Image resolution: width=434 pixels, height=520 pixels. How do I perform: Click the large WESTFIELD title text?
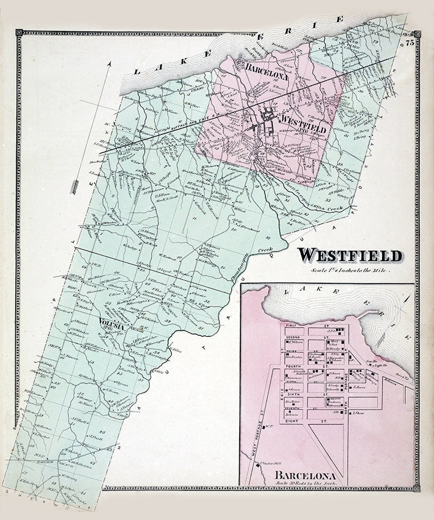pyautogui.click(x=350, y=255)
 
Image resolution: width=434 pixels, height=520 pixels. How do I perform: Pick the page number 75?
pyautogui.click(x=409, y=42)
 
